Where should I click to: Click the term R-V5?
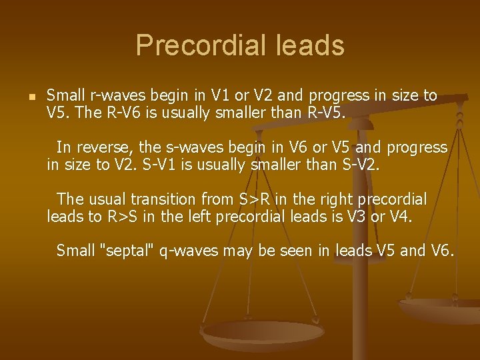[x=323, y=112]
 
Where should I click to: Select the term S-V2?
[x=357, y=164]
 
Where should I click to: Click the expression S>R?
[x=254, y=199]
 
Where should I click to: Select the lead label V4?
[x=400, y=216]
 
